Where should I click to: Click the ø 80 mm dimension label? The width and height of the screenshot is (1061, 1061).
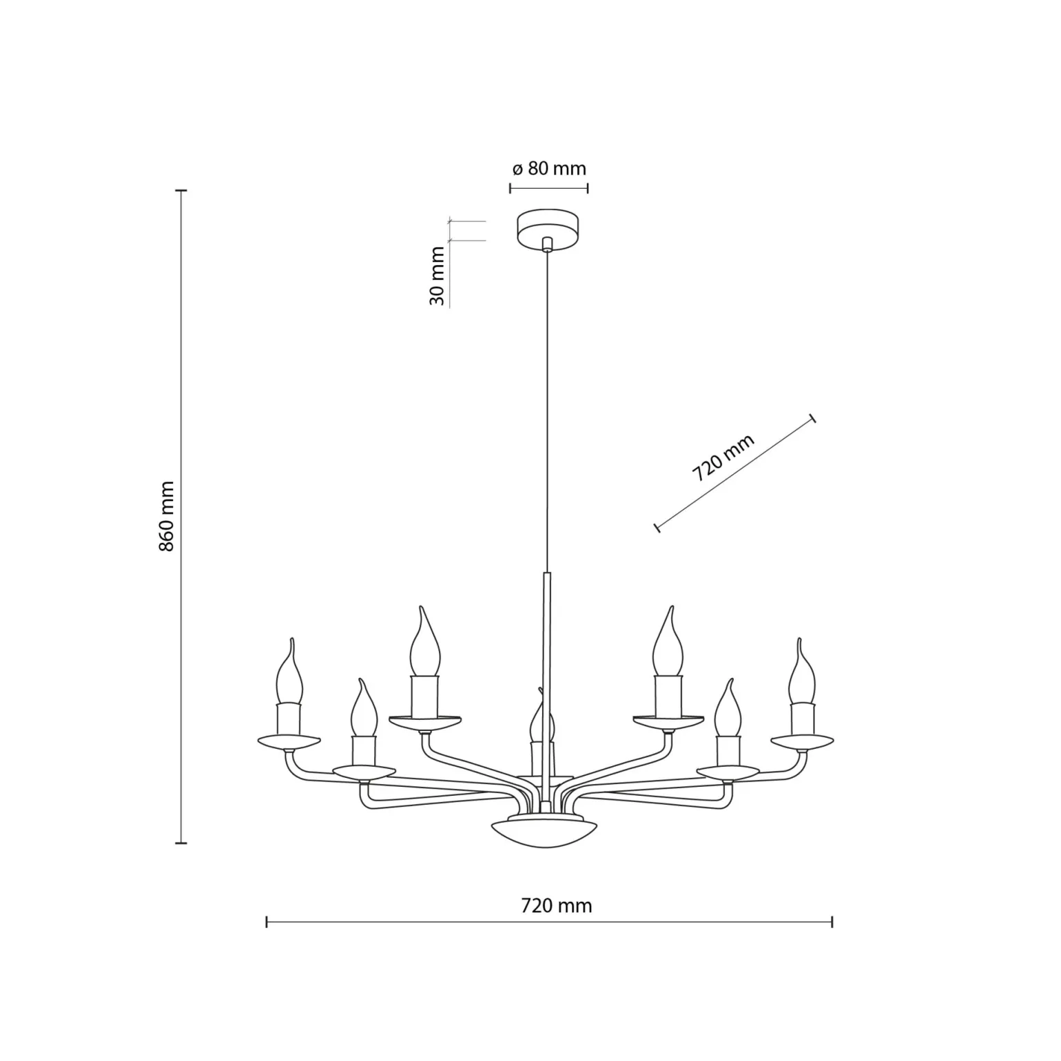click(549, 168)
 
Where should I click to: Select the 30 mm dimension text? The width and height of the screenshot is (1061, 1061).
click(437, 276)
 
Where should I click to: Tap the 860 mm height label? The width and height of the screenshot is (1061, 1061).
click(166, 516)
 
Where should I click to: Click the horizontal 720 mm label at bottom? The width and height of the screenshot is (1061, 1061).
click(557, 905)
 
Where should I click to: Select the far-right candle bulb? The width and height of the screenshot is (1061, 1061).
click(802, 672)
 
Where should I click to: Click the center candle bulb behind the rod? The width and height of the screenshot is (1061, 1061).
click(542, 717)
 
